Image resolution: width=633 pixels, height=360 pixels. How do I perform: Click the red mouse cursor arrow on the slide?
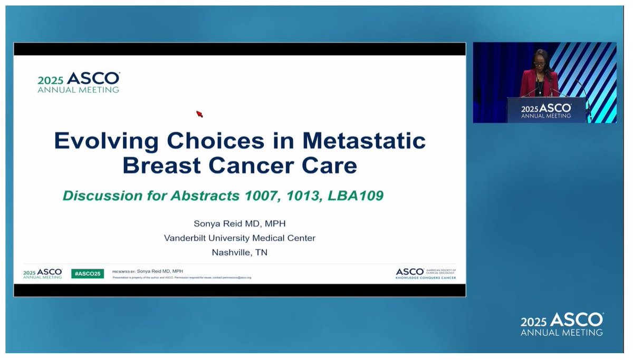(199, 114)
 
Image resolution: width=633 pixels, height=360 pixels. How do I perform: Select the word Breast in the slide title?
(161, 166)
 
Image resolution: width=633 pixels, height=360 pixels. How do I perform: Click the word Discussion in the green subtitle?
(98, 196)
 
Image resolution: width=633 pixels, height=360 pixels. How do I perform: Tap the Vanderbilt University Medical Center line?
(239, 238)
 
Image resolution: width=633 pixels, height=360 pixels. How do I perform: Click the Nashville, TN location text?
(239, 252)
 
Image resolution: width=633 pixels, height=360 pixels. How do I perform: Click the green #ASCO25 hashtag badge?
(88, 274)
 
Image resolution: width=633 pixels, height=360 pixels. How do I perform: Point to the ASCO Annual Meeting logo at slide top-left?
(78, 82)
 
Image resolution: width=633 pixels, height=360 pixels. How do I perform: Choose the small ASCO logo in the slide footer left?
(42, 274)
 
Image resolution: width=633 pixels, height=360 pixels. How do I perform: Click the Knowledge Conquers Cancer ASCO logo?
(426, 273)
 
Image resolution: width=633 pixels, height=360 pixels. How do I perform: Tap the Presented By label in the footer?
(123, 271)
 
